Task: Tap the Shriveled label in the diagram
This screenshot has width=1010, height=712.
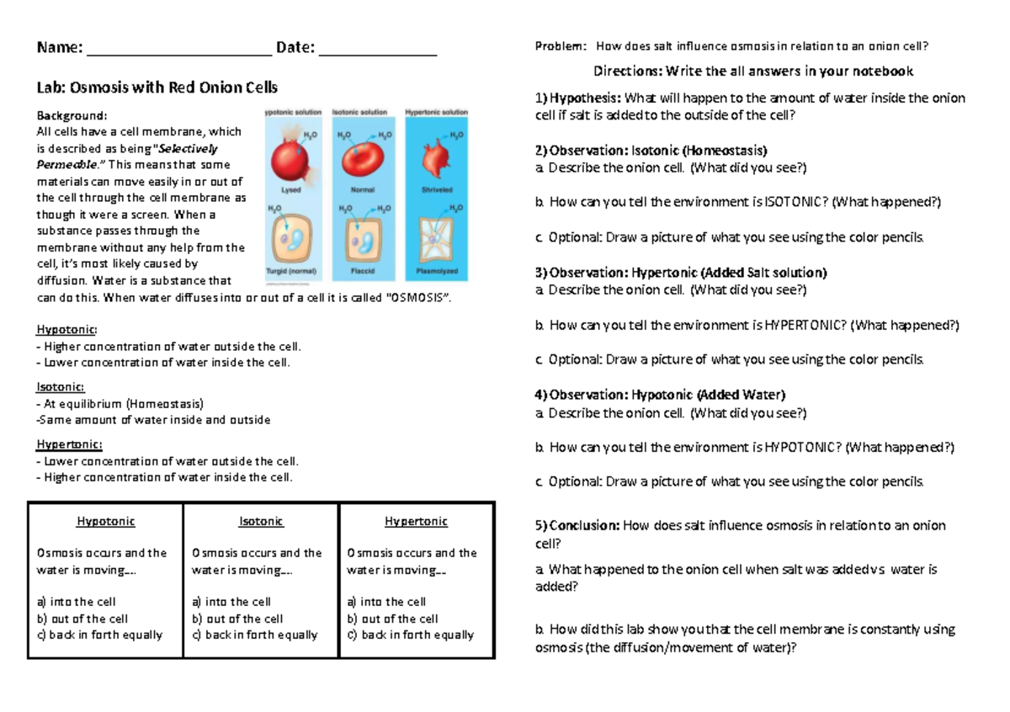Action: pos(436,190)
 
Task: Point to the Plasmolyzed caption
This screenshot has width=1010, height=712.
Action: pos(436,273)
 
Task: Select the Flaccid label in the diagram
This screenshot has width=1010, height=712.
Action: pos(364,273)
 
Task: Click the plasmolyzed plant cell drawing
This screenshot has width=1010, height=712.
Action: pos(436,240)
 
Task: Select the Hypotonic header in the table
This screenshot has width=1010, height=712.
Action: pos(106,522)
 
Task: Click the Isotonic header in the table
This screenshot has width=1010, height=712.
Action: pos(261,522)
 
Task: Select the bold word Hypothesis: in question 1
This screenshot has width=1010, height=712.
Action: pos(578,98)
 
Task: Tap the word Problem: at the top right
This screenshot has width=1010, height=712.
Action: pos(559,46)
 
